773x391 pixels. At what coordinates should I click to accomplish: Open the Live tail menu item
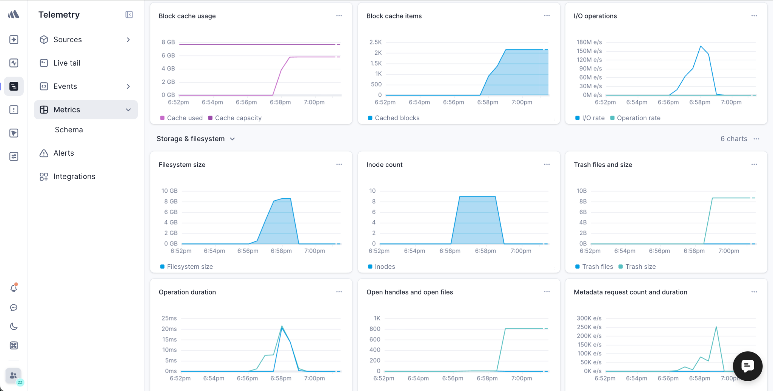tap(67, 63)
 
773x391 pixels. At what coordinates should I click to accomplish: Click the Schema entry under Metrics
tap(69, 130)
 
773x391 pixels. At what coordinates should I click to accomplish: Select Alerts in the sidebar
tap(63, 153)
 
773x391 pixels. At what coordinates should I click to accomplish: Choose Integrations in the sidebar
tap(74, 176)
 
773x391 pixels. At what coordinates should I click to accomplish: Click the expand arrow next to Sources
tap(128, 40)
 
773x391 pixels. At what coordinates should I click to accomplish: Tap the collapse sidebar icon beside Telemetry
tap(129, 15)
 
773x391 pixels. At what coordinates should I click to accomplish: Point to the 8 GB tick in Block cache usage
tap(168, 42)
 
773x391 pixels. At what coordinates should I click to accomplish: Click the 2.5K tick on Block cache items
tap(376, 42)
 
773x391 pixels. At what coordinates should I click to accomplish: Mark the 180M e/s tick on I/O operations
tap(589, 42)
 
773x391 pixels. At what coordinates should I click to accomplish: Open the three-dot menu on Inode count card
tap(547, 164)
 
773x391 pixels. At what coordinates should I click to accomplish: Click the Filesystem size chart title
tap(182, 165)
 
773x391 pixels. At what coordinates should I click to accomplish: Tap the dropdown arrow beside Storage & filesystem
tap(233, 139)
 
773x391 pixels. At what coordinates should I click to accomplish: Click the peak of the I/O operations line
tap(701, 46)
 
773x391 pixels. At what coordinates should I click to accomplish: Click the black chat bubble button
tap(747, 366)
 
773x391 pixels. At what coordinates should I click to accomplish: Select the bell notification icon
tap(14, 288)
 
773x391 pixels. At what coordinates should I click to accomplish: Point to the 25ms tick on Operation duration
tap(169, 318)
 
